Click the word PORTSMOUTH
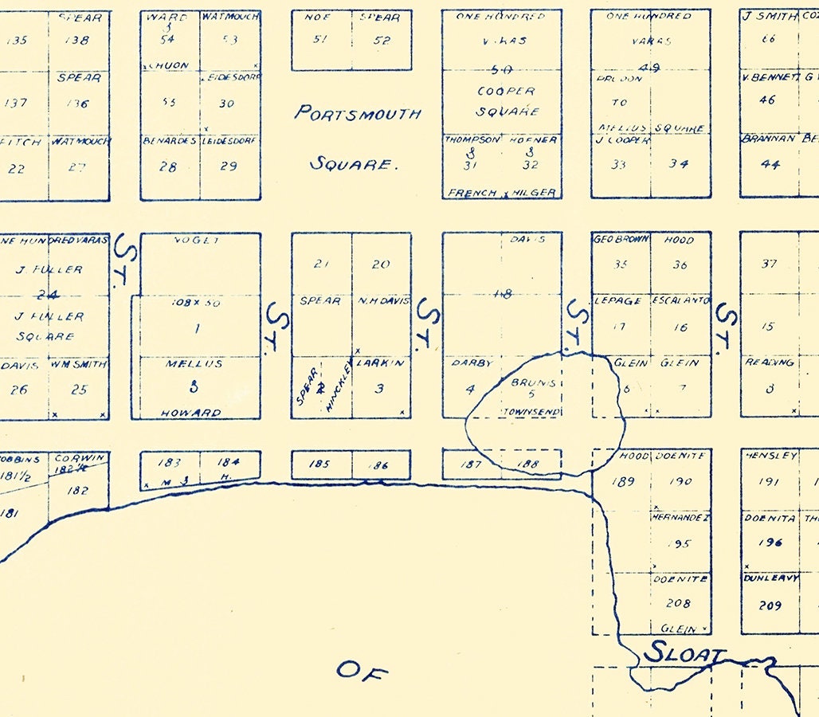(358, 112)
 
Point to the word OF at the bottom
(362, 671)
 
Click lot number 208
(680, 603)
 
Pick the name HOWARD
(191, 413)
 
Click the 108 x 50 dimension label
(195, 303)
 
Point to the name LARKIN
(381, 362)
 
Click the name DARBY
(469, 362)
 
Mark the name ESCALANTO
(681, 300)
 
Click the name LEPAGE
(619, 300)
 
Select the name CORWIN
(79, 457)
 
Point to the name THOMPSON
(472, 139)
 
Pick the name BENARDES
(170, 140)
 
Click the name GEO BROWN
(621, 239)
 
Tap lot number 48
(503, 294)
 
